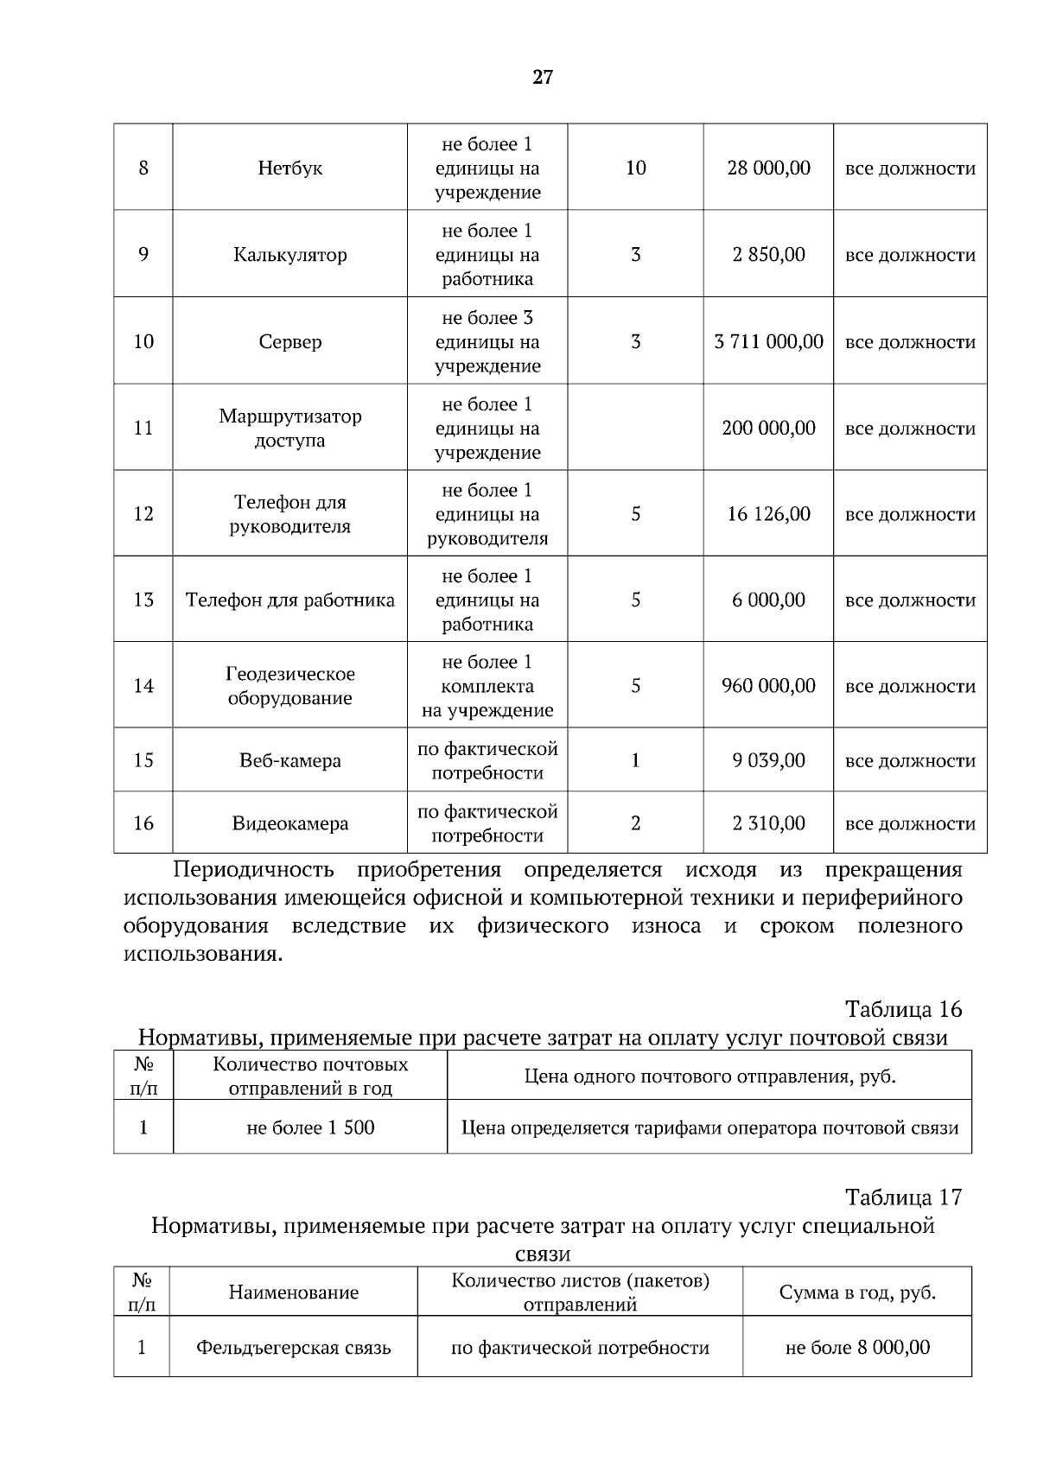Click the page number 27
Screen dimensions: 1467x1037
(542, 78)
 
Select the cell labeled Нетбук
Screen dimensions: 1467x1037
(289, 168)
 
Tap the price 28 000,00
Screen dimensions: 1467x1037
(768, 168)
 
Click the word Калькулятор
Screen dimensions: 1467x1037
(289, 255)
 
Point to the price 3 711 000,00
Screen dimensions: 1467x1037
(768, 341)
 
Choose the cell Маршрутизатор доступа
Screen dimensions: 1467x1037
(289, 428)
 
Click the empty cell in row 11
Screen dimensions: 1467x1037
(635, 428)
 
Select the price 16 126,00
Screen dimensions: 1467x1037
(768, 514)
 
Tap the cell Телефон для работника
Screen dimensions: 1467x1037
(289, 600)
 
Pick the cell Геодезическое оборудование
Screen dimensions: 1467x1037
(289, 685)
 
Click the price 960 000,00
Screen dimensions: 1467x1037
(768, 685)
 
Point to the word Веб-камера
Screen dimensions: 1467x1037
(289, 760)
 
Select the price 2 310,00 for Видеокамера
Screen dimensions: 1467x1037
(768, 822)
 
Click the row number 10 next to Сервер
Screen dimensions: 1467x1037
(143, 341)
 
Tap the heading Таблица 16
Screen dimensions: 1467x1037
(903, 1009)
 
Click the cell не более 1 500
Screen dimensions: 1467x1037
(310, 1127)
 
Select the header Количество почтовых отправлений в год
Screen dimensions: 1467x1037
(310, 1076)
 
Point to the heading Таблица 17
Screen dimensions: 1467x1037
(903, 1197)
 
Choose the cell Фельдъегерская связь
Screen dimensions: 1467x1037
(293, 1347)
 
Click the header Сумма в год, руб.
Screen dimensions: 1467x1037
(856, 1292)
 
